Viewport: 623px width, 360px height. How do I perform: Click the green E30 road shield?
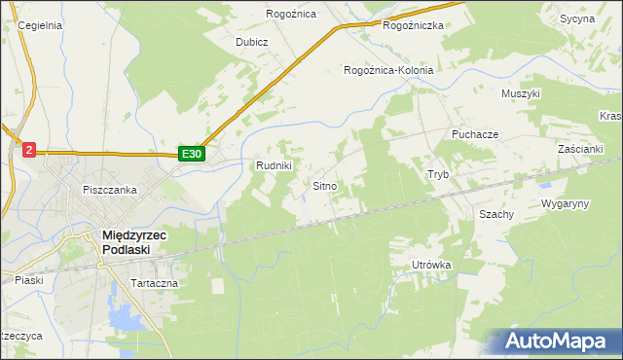pos(191,154)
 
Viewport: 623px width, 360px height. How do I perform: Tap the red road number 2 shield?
pos(29,149)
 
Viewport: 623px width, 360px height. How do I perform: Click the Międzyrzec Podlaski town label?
pos(138,240)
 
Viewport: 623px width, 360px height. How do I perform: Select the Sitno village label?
pos(325,185)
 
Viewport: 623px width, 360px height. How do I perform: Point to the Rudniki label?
pos(274,165)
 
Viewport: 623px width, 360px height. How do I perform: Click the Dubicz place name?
pos(251,43)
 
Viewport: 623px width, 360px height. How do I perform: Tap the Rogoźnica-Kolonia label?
pos(388,70)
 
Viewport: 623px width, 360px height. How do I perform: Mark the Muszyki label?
pos(520,93)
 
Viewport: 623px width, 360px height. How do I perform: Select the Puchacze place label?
pos(475,133)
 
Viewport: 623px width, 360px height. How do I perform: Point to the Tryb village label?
pos(438,174)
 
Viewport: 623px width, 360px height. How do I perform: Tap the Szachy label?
pos(496,213)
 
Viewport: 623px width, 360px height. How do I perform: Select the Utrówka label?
pos(432,265)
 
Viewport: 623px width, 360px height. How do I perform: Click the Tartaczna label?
pos(152,283)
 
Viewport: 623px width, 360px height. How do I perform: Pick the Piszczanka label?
pos(110,190)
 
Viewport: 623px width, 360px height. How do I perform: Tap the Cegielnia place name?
pos(40,25)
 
